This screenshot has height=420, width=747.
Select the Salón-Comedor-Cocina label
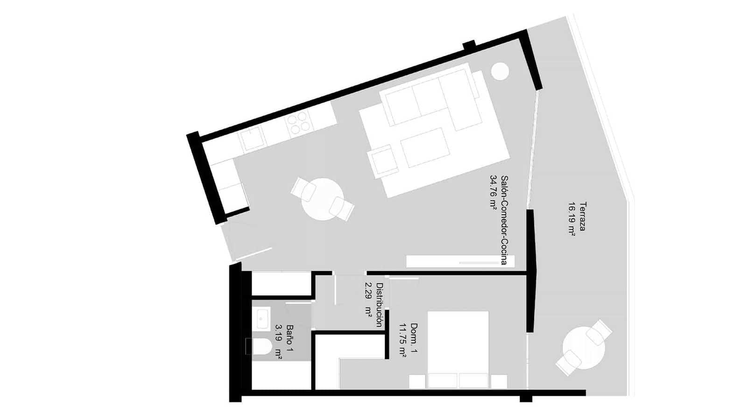coord(504,220)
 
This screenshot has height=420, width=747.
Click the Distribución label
coord(380,305)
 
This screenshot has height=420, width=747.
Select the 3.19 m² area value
coord(279,342)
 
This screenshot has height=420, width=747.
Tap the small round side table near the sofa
coord(500,71)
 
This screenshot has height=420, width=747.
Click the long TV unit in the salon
coord(460,261)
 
